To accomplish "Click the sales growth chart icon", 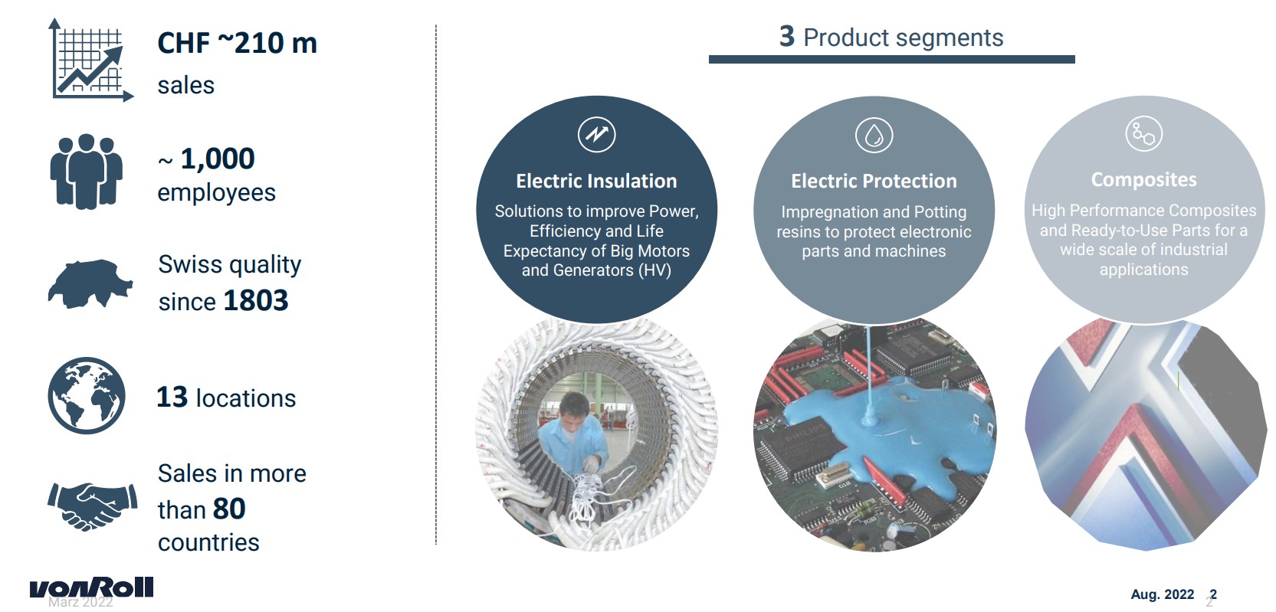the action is tap(91, 61).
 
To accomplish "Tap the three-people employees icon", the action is tap(86, 172).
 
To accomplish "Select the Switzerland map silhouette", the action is tap(90, 283).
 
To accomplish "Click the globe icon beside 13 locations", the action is tap(87, 396).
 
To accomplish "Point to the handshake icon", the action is tap(92, 506).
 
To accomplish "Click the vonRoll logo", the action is tap(91, 587).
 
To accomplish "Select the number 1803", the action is tap(256, 300).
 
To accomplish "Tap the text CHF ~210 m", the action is tap(237, 43).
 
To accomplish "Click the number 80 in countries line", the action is tap(229, 509).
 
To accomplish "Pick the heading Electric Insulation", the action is tap(596, 181).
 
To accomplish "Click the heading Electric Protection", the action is tap(874, 181).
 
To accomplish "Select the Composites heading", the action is tap(1144, 180).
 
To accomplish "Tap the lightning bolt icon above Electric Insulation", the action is tap(596, 134).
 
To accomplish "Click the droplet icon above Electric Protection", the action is tap(874, 135).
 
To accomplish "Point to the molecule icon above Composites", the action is tap(1144, 134).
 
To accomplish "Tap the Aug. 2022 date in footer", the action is tap(1162, 594).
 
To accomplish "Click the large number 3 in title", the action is tap(787, 37).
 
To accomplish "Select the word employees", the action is tap(216, 193).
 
